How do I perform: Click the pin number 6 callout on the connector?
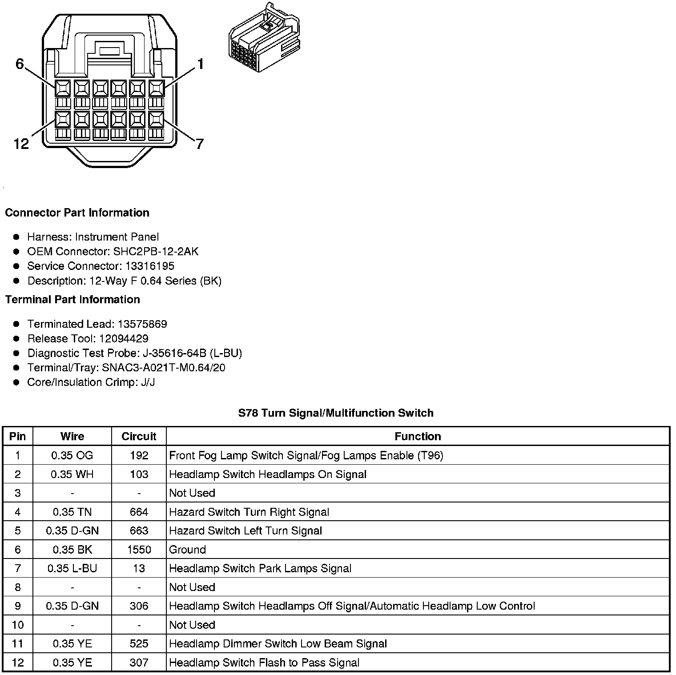19,64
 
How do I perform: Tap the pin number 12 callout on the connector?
21,144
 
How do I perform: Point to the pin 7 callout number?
199,144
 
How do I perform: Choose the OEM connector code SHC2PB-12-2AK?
156,251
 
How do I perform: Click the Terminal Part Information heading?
72,299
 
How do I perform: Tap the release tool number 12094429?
124,338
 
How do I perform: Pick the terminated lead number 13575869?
142,324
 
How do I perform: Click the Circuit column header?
139,436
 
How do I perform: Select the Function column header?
418,436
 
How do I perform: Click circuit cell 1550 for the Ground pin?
139,550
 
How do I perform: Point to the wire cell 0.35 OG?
72,455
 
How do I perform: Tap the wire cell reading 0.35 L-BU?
72,568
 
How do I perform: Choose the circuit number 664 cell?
139,512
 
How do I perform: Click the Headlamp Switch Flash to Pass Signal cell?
264,663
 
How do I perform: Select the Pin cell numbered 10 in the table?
17,625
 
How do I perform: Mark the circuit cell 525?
139,643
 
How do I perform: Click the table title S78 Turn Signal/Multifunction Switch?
336,413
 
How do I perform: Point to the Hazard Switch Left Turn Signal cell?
245,530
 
